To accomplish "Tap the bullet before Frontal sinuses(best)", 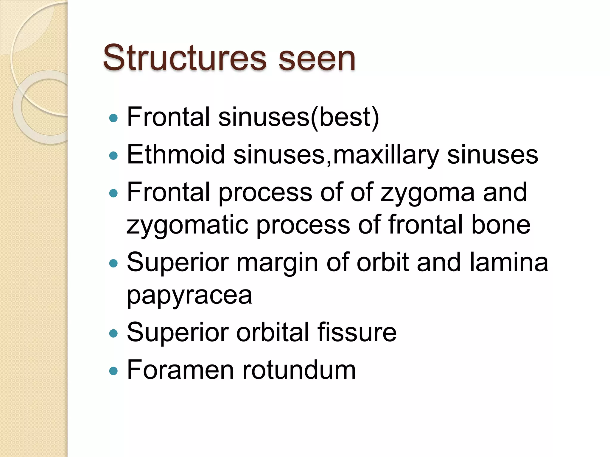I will pos(113,118).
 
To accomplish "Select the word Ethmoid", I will pos(176,154).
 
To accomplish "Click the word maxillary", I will pos(386,155).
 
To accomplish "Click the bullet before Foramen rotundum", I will pos(113,371).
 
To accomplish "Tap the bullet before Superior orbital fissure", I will pos(113,333).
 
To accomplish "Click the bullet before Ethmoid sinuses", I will pos(113,156).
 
